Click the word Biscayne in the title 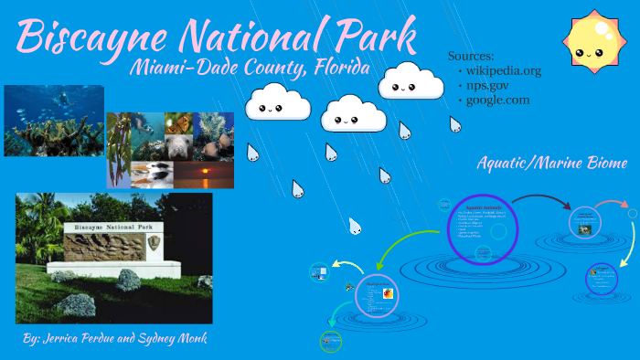tap(84, 37)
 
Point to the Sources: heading tap(472, 55)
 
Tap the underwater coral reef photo tap(53, 121)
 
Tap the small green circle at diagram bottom tap(330, 342)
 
